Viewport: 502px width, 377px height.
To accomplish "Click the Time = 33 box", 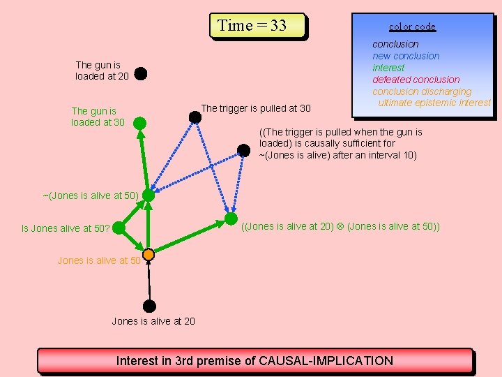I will [258, 26].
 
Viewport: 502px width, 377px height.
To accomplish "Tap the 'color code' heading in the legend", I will [412, 27].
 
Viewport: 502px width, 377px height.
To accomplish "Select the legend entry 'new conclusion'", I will [406, 56].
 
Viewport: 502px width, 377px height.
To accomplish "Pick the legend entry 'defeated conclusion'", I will [416, 80].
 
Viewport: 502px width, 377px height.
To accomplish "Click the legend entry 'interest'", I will [388, 68].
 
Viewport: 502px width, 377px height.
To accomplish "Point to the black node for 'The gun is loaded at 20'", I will [140, 73].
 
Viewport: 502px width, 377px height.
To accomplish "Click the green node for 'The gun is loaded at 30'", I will [139, 124].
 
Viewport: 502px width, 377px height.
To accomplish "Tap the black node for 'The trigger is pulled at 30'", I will [195, 117].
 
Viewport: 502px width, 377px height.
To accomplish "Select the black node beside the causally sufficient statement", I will [244, 150].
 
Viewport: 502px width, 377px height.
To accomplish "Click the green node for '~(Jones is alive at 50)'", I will [149, 195].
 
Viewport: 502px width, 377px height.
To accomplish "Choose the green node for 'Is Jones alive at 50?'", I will [119, 228].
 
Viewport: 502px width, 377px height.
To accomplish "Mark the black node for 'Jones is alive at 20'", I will [149, 306].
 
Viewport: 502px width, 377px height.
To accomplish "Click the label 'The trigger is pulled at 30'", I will [256, 108].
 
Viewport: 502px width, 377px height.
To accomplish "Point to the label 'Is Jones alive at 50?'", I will [66, 228].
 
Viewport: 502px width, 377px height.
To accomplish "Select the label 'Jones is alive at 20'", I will [153, 321].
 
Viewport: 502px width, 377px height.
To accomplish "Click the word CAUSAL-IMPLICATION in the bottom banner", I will [326, 361].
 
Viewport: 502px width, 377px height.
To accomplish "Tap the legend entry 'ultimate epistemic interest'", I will [434, 103].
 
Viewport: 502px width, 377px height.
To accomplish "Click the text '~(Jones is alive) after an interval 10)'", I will [337, 155].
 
